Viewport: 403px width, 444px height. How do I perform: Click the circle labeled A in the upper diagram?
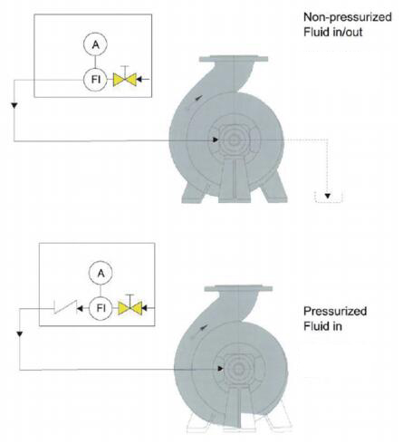tap(95, 44)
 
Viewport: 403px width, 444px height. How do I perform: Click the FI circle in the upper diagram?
tap(95, 80)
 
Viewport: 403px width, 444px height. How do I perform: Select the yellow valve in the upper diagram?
tap(125, 80)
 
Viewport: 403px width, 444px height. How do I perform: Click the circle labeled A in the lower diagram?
tap(101, 273)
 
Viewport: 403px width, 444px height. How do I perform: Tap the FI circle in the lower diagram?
tap(101, 308)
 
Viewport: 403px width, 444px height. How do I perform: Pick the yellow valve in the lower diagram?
tap(130, 308)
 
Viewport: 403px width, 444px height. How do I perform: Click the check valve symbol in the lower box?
tap(65, 307)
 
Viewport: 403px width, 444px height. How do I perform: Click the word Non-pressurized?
tap(348, 17)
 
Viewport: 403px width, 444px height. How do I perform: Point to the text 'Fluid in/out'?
tap(333, 32)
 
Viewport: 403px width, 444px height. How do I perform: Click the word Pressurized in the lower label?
tap(335, 311)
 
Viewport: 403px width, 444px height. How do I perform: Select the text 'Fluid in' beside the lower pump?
tap(322, 326)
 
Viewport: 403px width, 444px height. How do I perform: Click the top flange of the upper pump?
tap(234, 59)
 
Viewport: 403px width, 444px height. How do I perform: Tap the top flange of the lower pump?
tap(238, 288)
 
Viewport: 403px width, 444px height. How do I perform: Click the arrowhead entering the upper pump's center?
tap(216, 140)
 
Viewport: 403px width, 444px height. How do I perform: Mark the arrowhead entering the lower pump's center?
tap(220, 369)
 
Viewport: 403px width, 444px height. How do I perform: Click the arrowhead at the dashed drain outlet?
tap(328, 196)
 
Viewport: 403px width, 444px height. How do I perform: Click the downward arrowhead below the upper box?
tap(14, 105)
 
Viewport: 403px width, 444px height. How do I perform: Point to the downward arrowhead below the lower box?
tap(20, 334)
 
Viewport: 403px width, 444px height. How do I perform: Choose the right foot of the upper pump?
tap(273, 188)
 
